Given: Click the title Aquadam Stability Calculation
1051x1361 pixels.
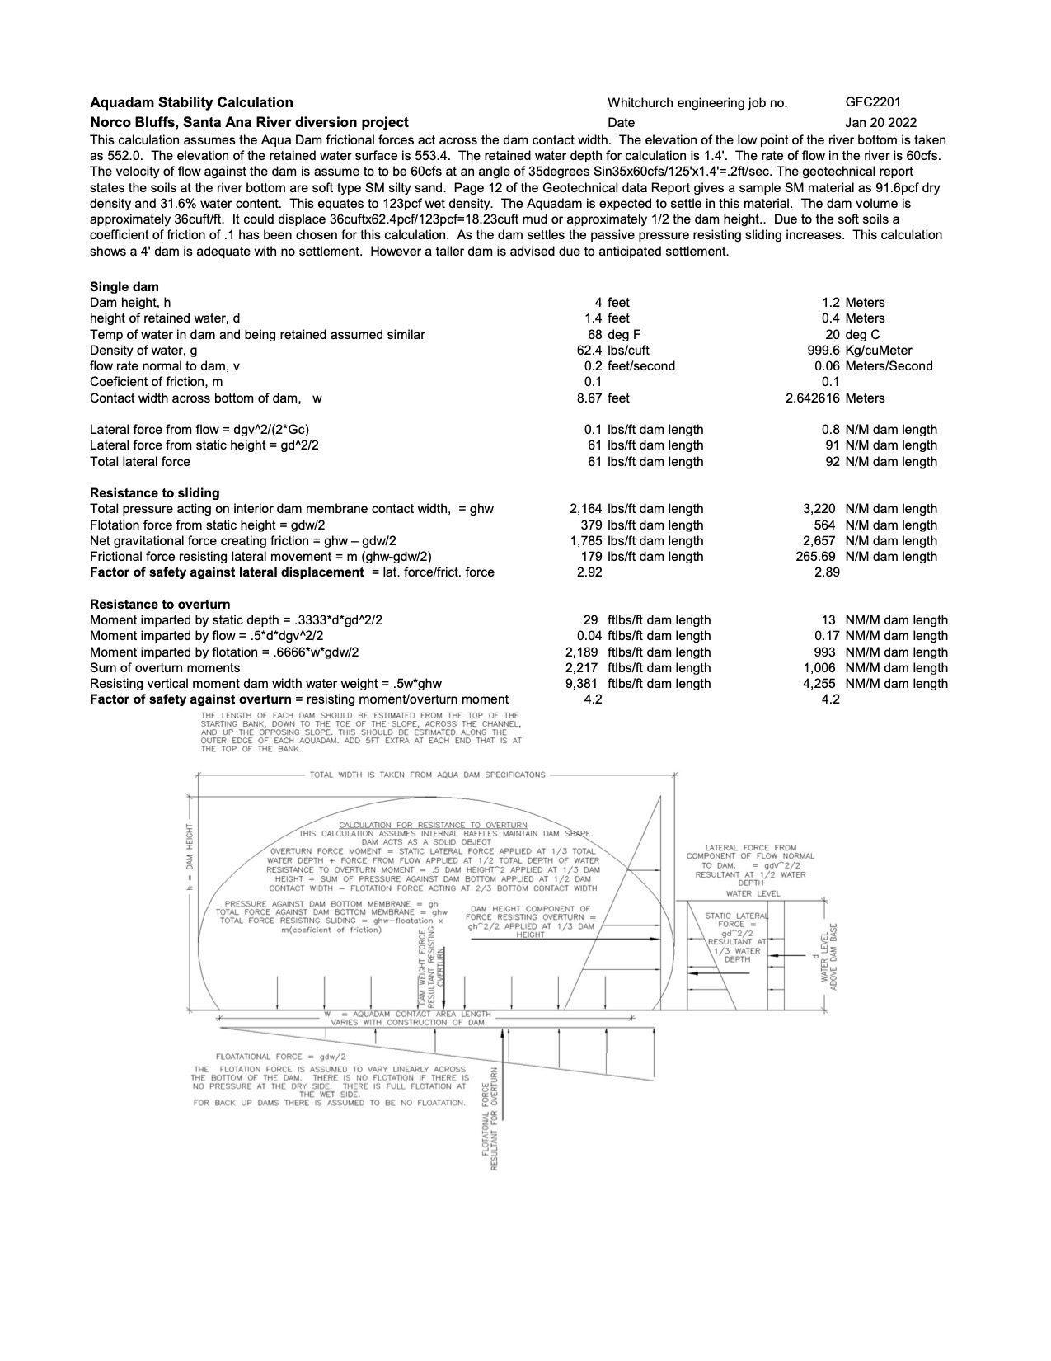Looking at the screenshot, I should pos(191,102).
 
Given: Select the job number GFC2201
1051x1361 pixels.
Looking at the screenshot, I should pos(873,102).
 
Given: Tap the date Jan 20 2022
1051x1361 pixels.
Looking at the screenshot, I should pos(880,122).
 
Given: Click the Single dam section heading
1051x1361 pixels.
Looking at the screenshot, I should pos(124,287).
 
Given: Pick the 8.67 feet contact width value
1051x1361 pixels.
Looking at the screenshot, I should pos(607,398).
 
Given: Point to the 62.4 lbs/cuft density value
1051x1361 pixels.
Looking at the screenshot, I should pos(612,350).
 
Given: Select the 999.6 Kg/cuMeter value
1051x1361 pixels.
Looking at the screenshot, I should pos(860,350).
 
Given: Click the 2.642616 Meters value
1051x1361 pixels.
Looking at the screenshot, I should pos(835,398).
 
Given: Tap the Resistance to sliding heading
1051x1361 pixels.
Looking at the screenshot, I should pos(155,492).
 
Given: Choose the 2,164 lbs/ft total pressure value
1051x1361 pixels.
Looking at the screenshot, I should pos(631,509).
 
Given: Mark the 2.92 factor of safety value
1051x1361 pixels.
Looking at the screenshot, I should pos(589,572).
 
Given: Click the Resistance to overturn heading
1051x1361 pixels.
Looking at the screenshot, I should pos(160,604).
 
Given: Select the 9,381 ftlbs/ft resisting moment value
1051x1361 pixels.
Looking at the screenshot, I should pos(632,683).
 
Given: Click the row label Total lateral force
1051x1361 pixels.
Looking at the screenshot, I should pos(140,461).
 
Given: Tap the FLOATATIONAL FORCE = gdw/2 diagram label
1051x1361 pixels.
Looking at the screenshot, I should pos(280,1057).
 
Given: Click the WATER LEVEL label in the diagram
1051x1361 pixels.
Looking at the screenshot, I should pos(753,893).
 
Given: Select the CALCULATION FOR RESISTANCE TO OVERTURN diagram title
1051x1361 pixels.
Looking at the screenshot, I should pos(433,825).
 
